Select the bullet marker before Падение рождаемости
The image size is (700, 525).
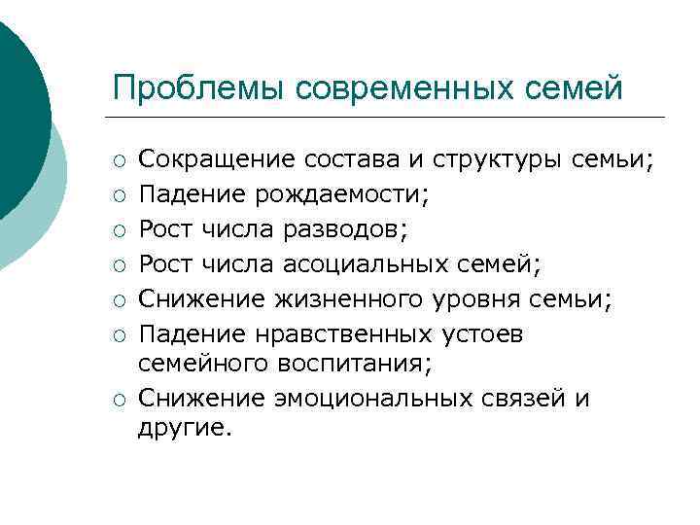coord(119,195)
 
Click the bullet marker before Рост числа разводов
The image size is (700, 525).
coord(119,230)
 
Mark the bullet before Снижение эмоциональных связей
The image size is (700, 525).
coord(119,401)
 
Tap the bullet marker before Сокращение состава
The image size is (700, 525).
coord(119,160)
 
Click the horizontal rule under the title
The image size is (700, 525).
coord(389,118)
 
